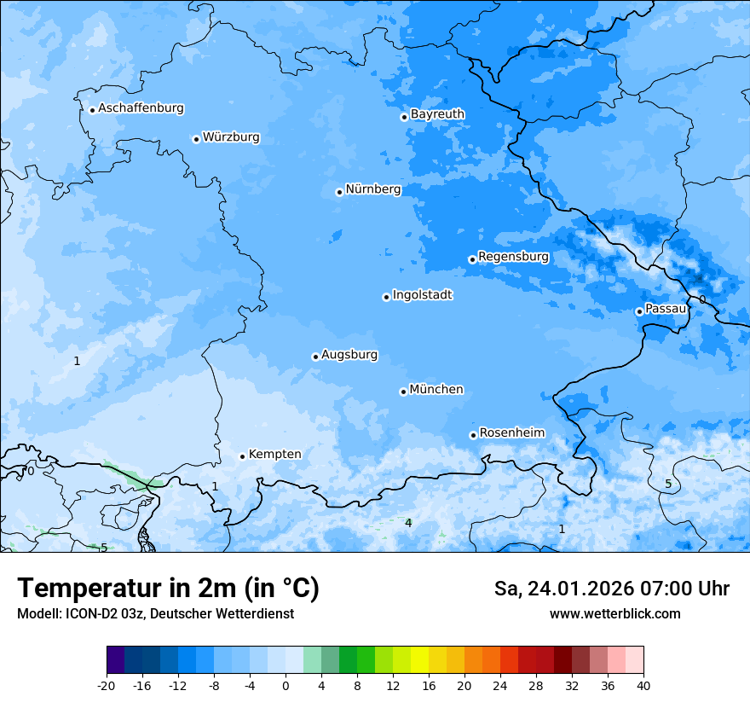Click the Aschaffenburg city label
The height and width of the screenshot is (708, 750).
[141, 108]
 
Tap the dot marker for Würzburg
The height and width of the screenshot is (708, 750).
[196, 139]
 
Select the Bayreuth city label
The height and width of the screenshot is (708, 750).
[437, 114]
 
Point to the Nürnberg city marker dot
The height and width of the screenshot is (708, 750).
[339, 192]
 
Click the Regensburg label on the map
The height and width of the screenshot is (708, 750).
[513, 257]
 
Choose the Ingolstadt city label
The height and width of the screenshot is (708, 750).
[422, 295]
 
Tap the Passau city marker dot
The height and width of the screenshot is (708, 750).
[639, 311]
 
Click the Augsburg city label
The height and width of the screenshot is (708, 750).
[349, 355]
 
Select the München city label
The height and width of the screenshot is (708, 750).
[436, 390]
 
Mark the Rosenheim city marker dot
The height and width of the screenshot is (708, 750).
[473, 435]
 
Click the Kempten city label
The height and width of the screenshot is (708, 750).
[274, 455]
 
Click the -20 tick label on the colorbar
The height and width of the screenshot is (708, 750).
[107, 686]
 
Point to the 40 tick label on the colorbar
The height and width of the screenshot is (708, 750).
[643, 686]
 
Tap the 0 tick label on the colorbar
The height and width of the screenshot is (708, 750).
[286, 686]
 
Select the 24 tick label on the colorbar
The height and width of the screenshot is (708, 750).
[500, 686]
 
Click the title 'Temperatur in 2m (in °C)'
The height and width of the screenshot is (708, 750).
[168, 589]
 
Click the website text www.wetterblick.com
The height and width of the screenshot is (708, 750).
[614, 614]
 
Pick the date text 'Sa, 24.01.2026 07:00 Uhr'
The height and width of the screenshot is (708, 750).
[611, 589]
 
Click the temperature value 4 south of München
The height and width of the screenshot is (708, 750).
[408, 523]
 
